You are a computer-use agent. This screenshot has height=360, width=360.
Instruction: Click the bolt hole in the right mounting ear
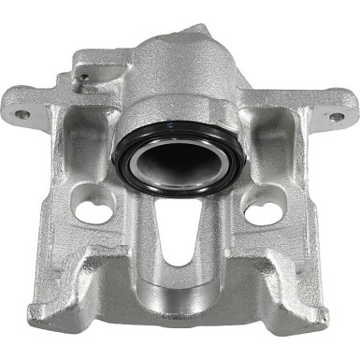(336, 118)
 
